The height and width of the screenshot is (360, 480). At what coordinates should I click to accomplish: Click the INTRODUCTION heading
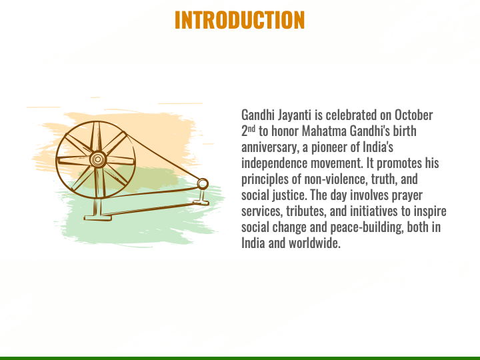(x=240, y=20)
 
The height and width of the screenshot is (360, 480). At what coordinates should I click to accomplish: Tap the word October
(x=413, y=115)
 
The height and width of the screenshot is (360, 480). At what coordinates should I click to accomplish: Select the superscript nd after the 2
(x=251, y=129)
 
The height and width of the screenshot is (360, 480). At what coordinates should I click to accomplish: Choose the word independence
(x=274, y=164)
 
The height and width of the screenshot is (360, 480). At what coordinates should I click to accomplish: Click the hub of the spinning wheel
(x=98, y=159)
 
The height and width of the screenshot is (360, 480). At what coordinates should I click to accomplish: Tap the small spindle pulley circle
(x=203, y=184)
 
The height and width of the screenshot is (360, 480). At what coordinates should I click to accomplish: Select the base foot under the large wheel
(x=97, y=218)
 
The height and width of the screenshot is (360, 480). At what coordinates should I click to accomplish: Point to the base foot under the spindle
(x=201, y=203)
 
